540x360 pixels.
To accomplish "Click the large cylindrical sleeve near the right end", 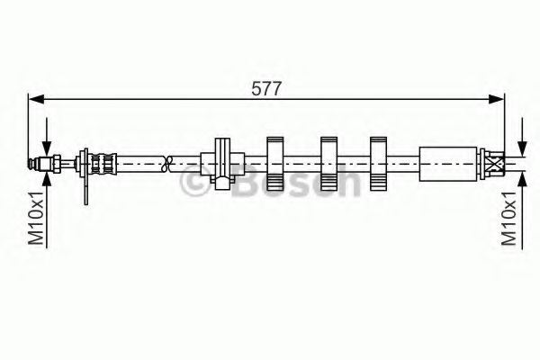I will pyautogui.click(x=446, y=164).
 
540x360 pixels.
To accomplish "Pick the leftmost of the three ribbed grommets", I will pyautogui.click(x=275, y=163).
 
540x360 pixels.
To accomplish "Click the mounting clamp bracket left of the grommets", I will pyautogui.click(x=221, y=163).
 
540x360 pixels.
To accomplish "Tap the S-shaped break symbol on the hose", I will pyautogui.click(x=165, y=164).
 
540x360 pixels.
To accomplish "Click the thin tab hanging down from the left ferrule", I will pyautogui.click(x=85, y=190).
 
